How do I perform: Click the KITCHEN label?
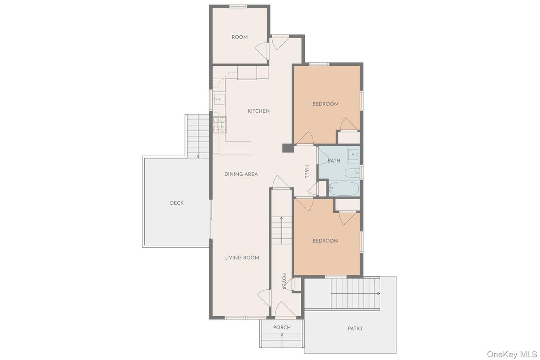[x=259, y=111]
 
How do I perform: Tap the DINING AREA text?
[x=241, y=174]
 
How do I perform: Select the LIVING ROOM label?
[x=241, y=257]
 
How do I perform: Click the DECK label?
[x=176, y=203]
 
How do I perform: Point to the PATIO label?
[x=355, y=329]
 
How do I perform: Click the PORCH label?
[x=282, y=327]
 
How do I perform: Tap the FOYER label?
[x=284, y=281]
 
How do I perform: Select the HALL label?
[x=307, y=172]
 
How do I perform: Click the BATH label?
[x=334, y=161]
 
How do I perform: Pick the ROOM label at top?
[x=240, y=37]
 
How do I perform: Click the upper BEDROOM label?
[x=325, y=104]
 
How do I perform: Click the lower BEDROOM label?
[x=325, y=241]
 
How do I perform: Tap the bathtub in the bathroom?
[x=343, y=189]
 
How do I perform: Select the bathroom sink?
[x=354, y=155]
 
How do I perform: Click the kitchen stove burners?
[x=219, y=125]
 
